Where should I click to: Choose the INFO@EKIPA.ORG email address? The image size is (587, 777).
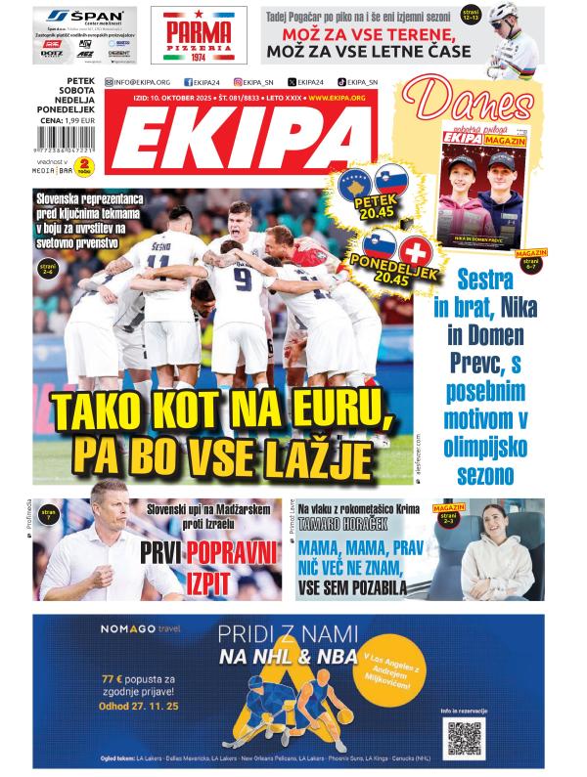click(x=143, y=82)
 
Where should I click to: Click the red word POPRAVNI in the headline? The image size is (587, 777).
click(x=226, y=551)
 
